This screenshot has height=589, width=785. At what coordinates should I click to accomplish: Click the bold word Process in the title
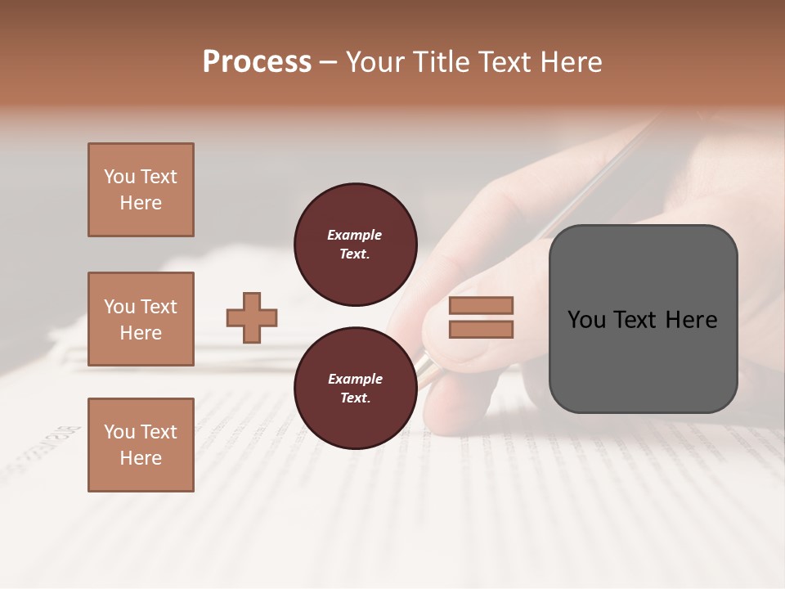(257, 62)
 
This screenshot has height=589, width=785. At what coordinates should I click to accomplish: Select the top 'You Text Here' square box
(141, 190)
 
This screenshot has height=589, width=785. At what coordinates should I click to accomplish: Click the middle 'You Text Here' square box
(141, 319)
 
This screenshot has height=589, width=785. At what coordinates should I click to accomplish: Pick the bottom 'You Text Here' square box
(141, 445)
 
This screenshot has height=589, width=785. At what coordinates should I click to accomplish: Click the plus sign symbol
(252, 317)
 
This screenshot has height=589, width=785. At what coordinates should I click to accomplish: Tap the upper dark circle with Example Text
(355, 245)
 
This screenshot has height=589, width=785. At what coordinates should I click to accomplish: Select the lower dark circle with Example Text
(355, 389)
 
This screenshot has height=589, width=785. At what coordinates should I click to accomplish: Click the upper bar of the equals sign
(481, 306)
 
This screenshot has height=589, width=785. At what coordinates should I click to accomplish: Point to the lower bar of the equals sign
(481, 329)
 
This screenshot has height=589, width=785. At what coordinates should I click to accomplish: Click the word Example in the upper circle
(355, 236)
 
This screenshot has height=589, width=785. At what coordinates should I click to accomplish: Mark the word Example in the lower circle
(355, 380)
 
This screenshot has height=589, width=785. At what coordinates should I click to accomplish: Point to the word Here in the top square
(141, 203)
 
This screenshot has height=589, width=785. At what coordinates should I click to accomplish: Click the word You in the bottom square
(119, 432)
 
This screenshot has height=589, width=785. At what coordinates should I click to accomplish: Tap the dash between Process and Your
(329, 62)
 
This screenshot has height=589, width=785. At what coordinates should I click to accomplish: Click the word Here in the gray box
(691, 320)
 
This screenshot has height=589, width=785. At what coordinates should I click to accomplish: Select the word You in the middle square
(119, 307)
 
